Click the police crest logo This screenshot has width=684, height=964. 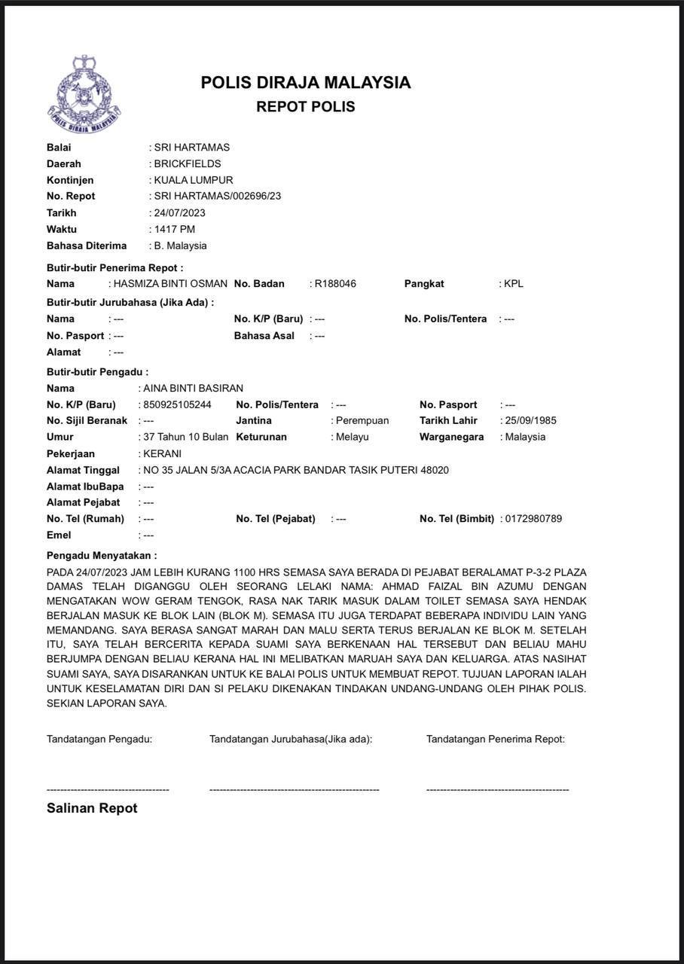click(x=84, y=96)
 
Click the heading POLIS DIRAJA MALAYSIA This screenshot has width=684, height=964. click(x=305, y=83)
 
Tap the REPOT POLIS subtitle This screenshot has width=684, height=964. click(x=305, y=107)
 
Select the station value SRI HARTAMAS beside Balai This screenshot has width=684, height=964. click(x=191, y=148)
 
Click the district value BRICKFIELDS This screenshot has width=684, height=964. click(x=187, y=164)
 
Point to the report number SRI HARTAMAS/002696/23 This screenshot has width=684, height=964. click(x=218, y=197)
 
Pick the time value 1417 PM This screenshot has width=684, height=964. click(x=174, y=230)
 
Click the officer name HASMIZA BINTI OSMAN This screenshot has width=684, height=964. click(x=169, y=284)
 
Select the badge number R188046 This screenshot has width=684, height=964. click(x=335, y=284)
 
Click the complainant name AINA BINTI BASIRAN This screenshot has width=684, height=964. click(x=193, y=389)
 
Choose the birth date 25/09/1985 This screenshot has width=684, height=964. click(x=530, y=421)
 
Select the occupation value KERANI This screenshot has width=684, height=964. click(x=162, y=454)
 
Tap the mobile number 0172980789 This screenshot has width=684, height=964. click(x=533, y=519)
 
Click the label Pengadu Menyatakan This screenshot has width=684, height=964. click(x=102, y=556)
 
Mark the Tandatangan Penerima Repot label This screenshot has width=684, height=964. click(x=495, y=740)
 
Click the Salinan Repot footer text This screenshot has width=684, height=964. click(x=92, y=809)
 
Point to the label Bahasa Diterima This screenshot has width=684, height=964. click(x=87, y=246)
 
